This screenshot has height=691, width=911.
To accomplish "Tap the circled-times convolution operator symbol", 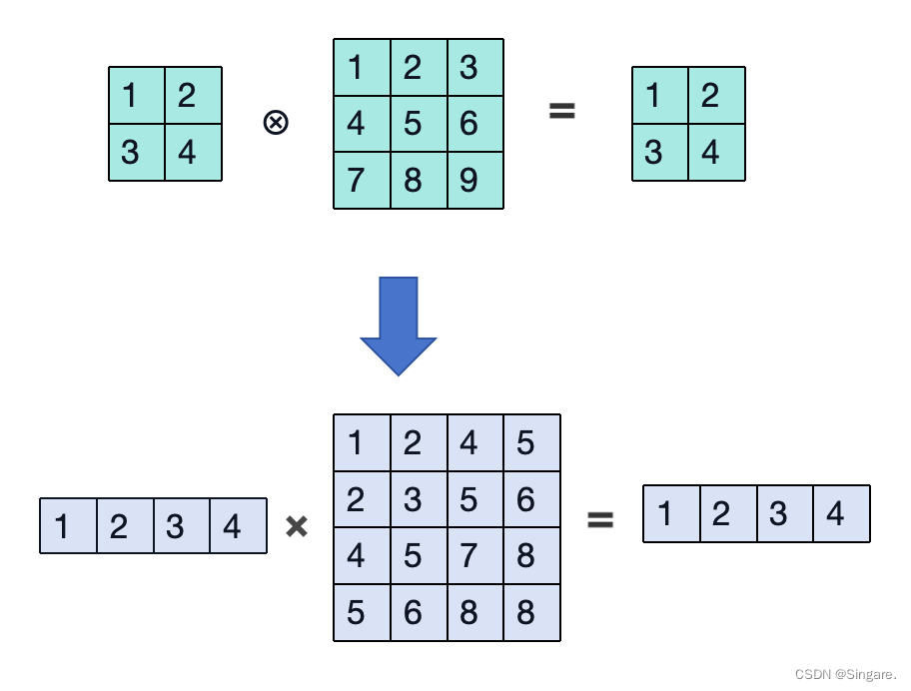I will coord(276,123).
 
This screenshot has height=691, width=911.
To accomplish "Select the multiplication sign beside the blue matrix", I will coord(297,526).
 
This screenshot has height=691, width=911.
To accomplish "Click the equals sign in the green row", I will coord(562,111).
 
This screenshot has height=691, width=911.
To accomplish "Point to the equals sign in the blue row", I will coord(599,518).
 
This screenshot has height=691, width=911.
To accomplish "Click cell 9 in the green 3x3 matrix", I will coord(474,181).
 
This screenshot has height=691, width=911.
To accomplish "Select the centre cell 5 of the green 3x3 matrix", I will coord(419,124).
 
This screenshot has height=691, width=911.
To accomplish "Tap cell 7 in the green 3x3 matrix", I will coord(362,181).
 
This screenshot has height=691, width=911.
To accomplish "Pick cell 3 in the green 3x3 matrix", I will coord(474,68).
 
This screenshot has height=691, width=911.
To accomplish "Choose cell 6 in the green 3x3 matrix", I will coord(474,124).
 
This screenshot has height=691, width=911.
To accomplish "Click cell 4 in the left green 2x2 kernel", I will coord(193,153).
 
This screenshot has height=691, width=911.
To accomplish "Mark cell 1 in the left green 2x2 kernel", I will coord(137,96).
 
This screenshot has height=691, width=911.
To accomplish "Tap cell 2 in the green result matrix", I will coord(716,96).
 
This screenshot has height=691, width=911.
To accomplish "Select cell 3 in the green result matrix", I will coord(660,153).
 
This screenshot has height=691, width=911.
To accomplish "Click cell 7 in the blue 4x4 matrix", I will coord(474,555).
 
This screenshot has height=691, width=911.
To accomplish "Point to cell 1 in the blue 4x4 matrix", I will coord(362,442).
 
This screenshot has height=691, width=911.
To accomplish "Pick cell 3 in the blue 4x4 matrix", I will coord(419,499).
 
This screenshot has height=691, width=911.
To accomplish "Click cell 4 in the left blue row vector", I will coord(238,525).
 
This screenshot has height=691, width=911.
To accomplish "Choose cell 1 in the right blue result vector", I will coord(671,513).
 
